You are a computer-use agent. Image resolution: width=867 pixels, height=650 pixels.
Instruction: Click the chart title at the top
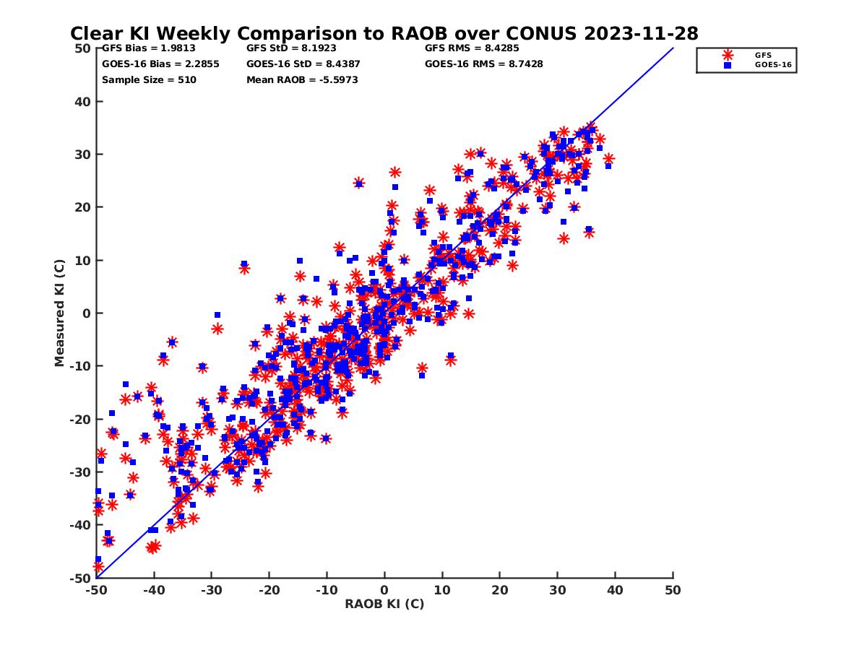(384, 33)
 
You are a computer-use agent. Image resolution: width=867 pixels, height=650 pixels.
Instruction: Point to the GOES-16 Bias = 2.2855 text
(160, 64)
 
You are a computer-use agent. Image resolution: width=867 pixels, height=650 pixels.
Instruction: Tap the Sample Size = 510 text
(149, 79)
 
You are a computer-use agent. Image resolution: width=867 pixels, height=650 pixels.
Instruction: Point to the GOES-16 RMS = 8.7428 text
(483, 64)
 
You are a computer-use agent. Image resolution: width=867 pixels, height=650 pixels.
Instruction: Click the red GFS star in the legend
(728, 55)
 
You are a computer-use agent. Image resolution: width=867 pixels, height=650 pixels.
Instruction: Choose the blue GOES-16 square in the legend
(728, 65)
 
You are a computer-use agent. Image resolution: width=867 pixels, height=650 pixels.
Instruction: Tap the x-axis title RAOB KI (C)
(384, 604)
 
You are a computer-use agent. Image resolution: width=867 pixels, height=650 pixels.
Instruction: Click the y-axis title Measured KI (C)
(60, 313)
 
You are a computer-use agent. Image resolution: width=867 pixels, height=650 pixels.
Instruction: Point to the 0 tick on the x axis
(384, 590)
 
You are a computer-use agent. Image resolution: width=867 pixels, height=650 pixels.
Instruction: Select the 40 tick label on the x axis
(616, 590)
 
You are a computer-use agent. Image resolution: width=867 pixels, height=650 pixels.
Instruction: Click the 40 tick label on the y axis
(83, 101)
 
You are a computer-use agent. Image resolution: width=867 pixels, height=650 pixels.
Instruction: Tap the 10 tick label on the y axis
(83, 260)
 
